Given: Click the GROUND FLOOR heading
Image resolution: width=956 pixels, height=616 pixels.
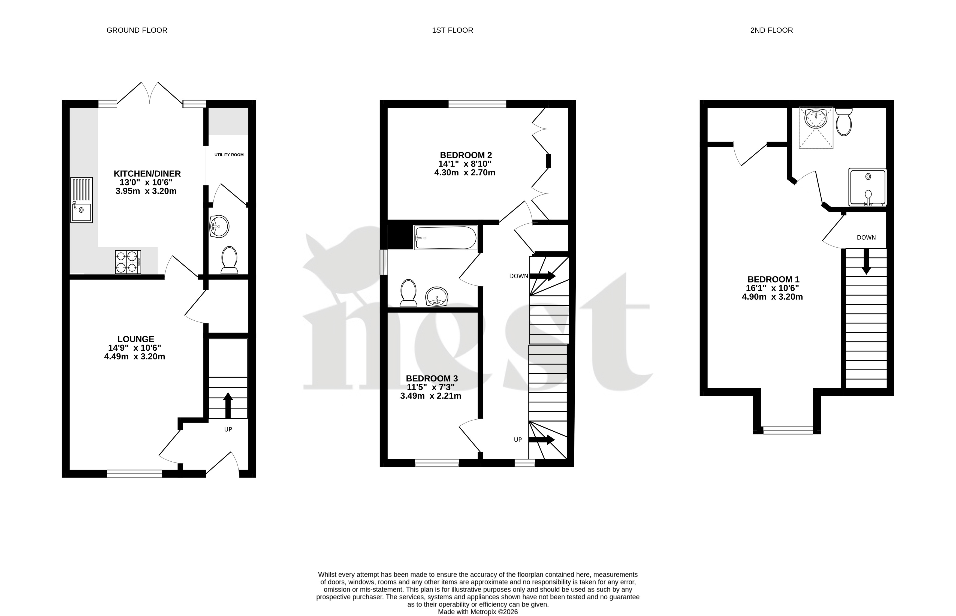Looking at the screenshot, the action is [137, 30].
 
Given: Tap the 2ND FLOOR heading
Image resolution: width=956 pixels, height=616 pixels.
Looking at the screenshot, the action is [771, 30].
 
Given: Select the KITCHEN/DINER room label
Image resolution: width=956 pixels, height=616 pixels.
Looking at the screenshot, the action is [147, 174].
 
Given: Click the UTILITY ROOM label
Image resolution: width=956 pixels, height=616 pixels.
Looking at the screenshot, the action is [229, 155].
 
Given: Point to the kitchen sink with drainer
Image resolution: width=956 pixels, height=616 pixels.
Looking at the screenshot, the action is [82, 200].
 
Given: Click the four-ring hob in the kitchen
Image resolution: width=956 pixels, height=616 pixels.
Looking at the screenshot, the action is [128, 262].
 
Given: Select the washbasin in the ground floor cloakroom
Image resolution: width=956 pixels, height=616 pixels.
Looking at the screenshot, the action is [219, 226].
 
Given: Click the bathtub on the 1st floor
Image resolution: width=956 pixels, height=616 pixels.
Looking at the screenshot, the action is [445, 238].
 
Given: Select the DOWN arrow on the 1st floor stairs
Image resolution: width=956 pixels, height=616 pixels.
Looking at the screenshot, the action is [542, 276].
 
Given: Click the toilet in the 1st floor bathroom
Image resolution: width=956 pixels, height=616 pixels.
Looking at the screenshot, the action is [408, 293].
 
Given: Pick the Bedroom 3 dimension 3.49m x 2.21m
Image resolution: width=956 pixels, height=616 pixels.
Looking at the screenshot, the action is [431, 396].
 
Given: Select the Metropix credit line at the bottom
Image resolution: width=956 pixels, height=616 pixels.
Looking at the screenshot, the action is [478, 612].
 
